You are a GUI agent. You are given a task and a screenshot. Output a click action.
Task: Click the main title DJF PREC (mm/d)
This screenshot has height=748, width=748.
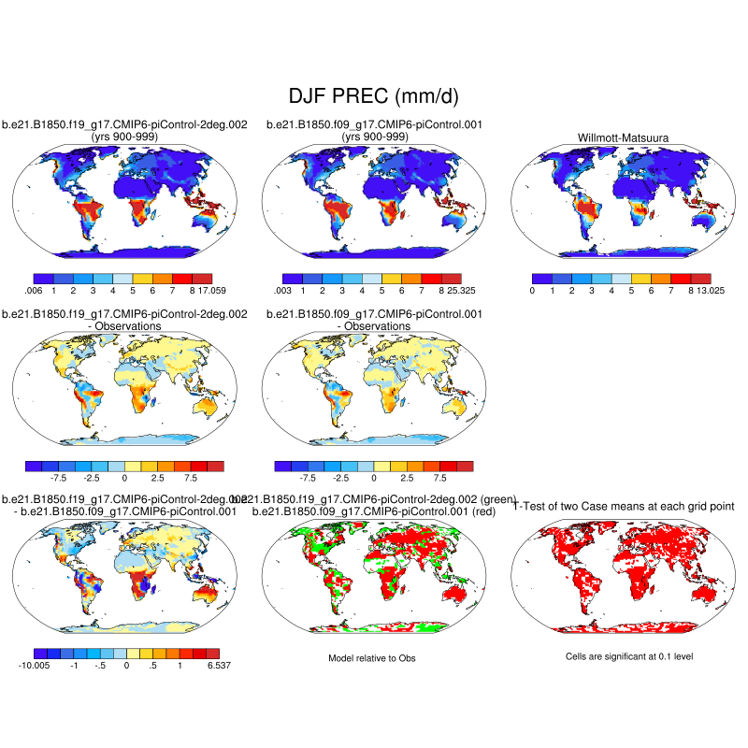pos(373,97)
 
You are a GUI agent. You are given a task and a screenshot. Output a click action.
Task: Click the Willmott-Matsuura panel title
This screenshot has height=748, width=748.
pos(621,138)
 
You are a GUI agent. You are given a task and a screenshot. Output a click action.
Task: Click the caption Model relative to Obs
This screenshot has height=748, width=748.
pos(371,659)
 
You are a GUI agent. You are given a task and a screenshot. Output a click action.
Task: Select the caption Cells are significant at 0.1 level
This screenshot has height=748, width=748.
pos(629,657)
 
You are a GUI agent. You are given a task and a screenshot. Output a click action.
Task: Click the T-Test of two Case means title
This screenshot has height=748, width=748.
pos(625,506)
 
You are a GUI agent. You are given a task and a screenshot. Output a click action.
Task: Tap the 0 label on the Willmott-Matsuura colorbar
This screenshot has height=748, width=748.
pos(531,291)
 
